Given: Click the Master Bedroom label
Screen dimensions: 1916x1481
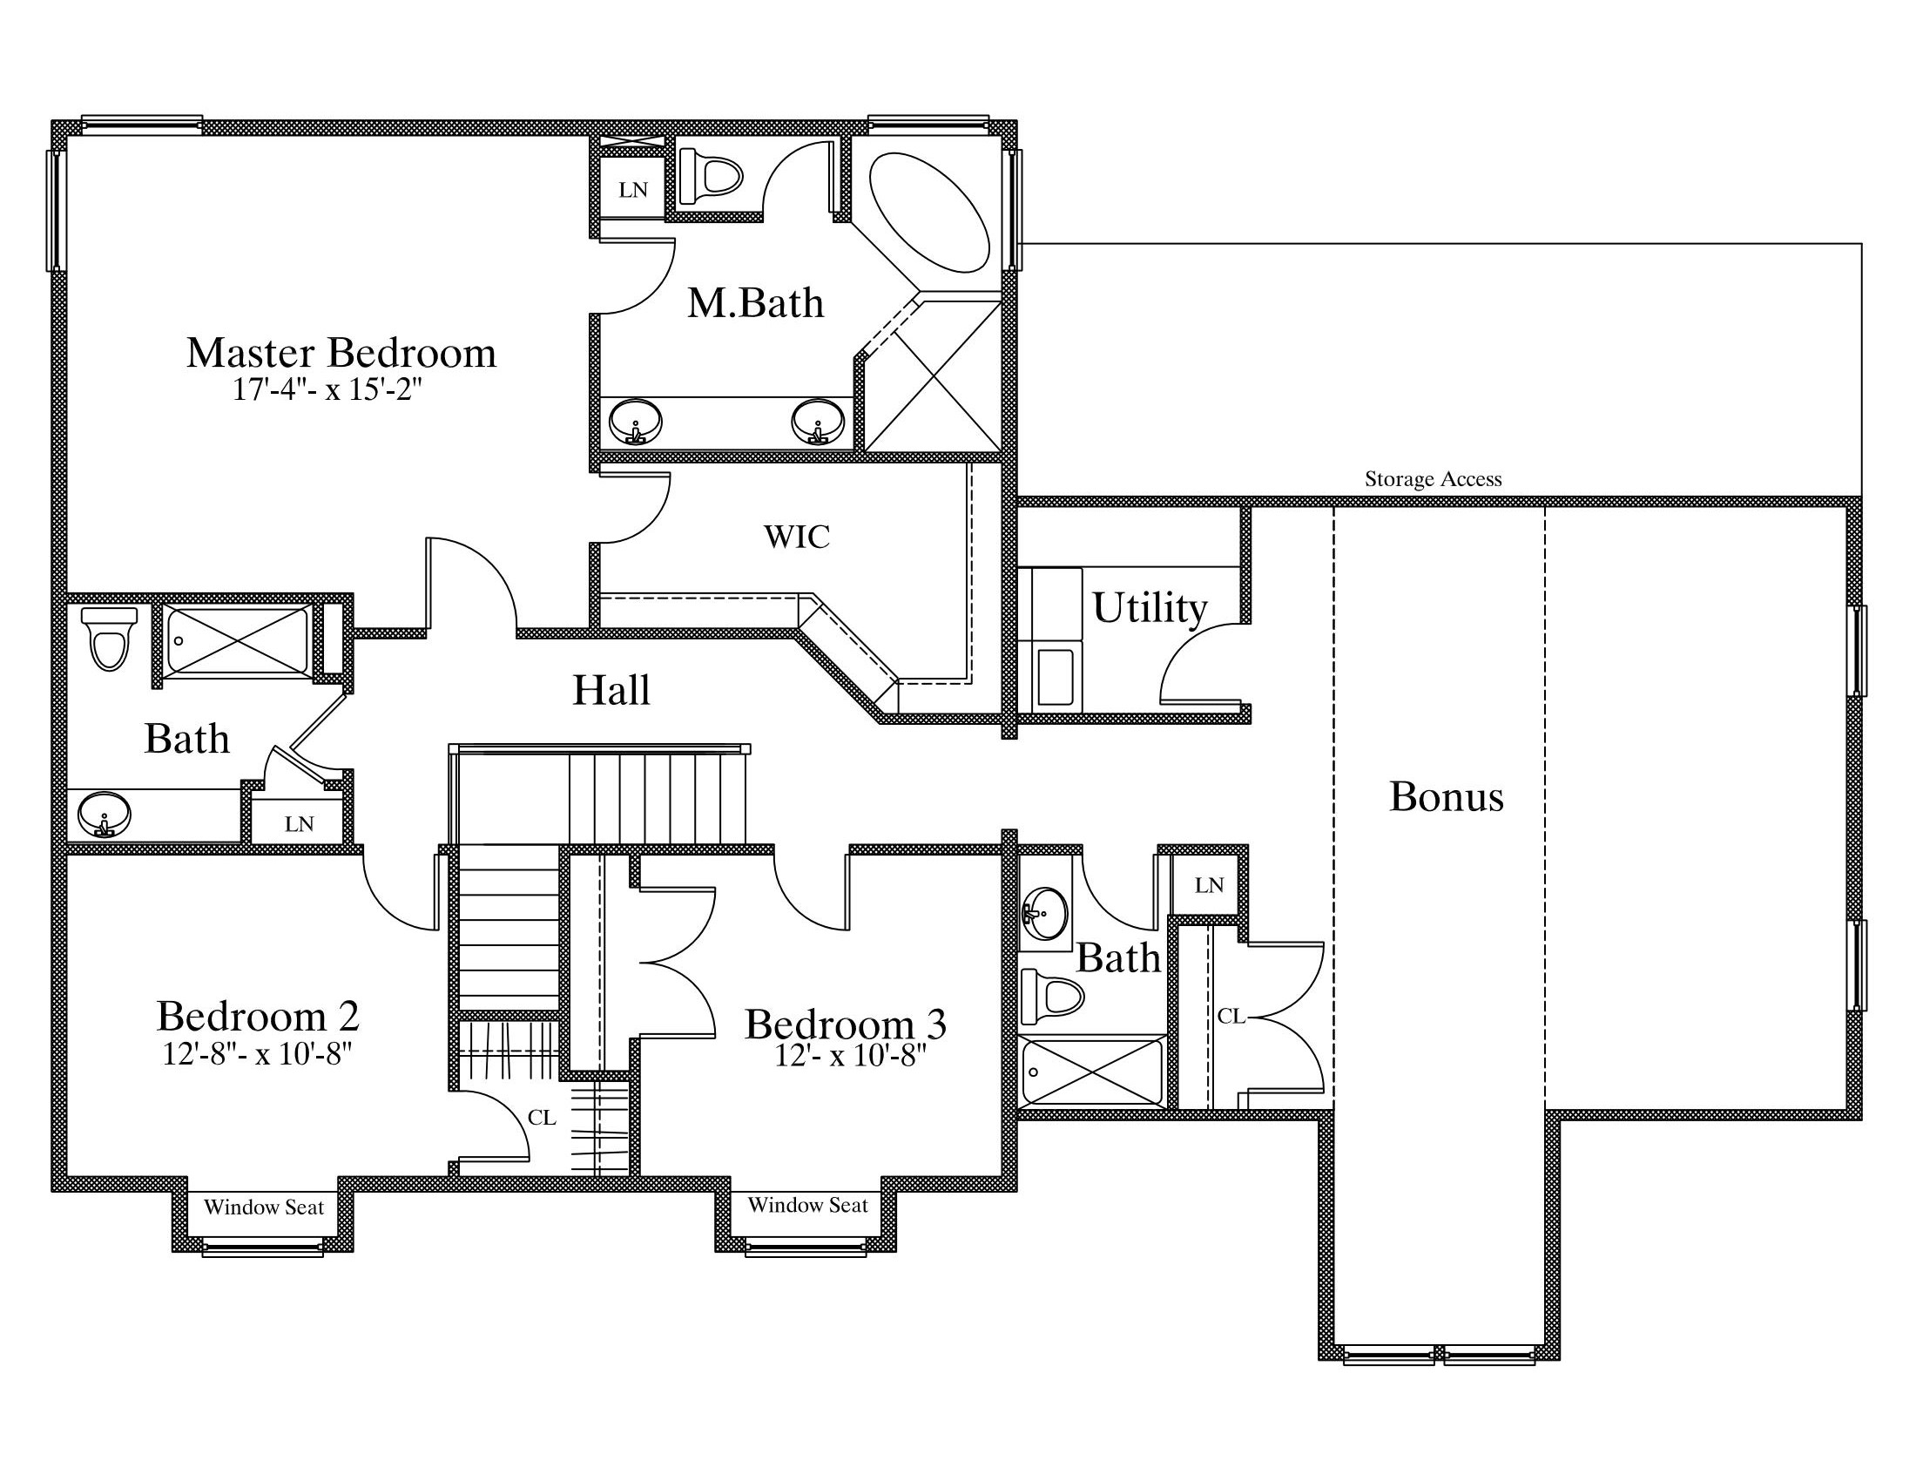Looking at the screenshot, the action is coord(341,353).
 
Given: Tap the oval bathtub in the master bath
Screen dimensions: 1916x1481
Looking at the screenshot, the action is coord(929,213).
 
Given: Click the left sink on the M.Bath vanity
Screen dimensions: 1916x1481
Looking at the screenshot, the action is coord(635,422).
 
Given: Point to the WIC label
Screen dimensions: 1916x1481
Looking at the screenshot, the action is coord(797,537).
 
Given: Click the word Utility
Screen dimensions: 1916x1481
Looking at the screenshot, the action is coord(1150,607).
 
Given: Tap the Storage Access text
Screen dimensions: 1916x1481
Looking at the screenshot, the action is coord(1433,479).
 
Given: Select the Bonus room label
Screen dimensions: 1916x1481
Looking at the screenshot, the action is coord(1447,796).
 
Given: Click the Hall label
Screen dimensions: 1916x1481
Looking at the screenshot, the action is coord(611,690).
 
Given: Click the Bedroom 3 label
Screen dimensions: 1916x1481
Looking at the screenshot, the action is coord(846,1024).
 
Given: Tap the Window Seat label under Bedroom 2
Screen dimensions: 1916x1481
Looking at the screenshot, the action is coord(264,1207).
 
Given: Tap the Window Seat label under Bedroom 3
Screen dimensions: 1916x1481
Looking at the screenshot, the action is coord(807,1206).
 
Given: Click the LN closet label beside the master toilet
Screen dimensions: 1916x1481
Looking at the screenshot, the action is coord(633,190).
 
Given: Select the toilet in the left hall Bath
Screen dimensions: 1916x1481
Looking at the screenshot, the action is coord(110,638).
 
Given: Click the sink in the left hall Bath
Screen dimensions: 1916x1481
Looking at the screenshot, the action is coord(104,815).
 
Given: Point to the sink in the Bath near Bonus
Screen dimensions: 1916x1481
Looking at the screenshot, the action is coord(1045,912).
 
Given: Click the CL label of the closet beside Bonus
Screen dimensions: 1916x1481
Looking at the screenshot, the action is coord(1231,1016).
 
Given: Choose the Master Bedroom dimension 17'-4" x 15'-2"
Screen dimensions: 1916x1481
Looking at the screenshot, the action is coord(327,389).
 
